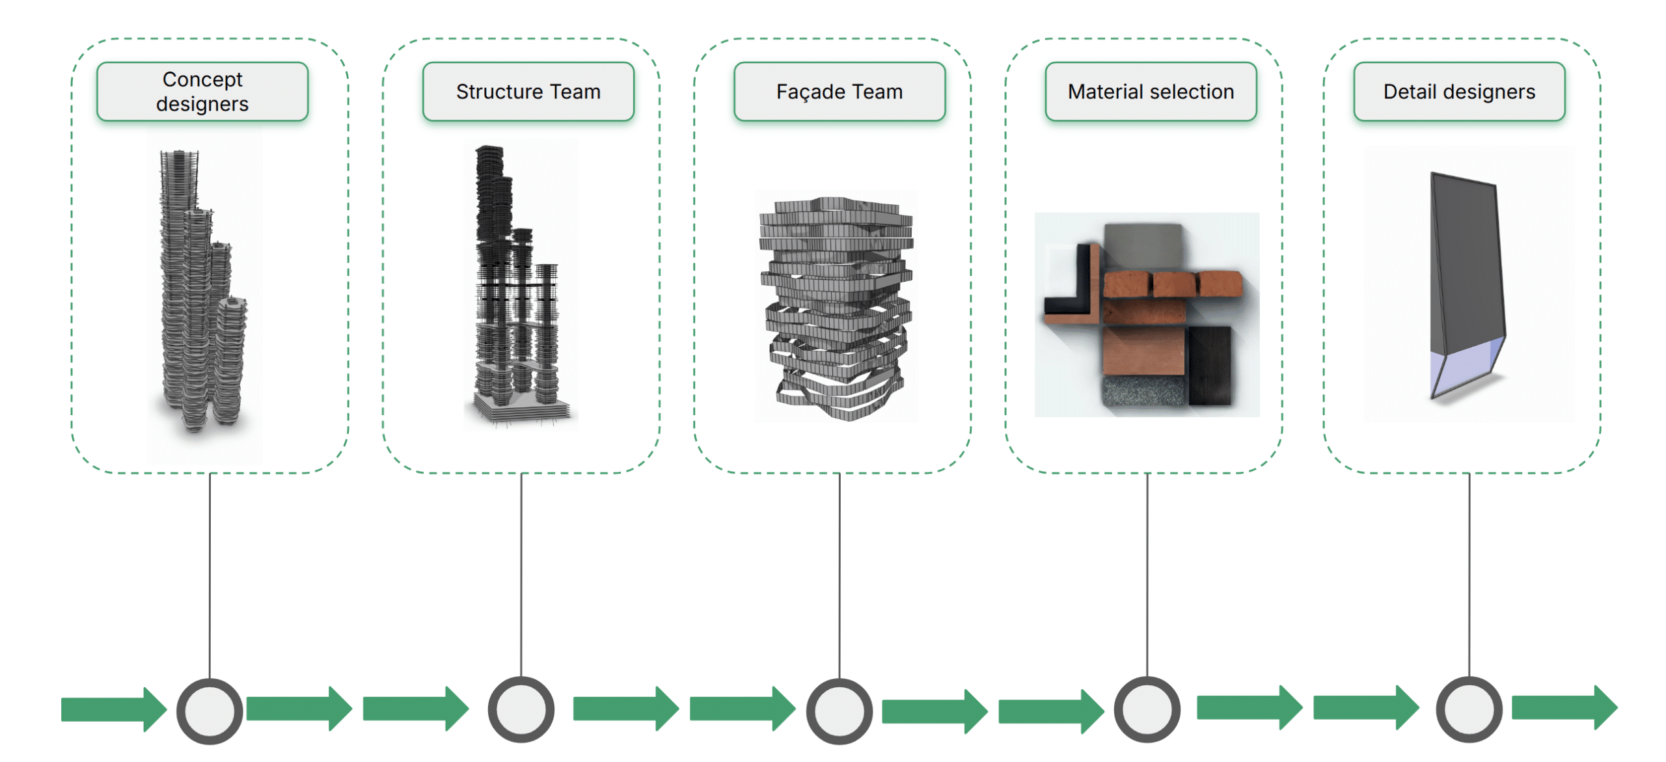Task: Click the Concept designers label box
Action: click(x=202, y=92)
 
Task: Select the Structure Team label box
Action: click(x=528, y=92)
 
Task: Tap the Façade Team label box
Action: click(x=840, y=92)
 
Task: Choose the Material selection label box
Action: click(x=1151, y=92)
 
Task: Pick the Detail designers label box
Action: click(x=1459, y=92)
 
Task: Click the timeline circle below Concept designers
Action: click(x=210, y=711)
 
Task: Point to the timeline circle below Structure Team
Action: click(x=521, y=709)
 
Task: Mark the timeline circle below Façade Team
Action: click(x=840, y=711)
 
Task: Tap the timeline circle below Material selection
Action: click(x=1147, y=709)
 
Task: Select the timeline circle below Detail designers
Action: click(x=1469, y=709)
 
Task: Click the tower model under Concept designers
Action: click(x=198, y=293)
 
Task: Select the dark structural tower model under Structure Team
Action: click(x=514, y=286)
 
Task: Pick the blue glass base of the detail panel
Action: click(x=1464, y=371)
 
